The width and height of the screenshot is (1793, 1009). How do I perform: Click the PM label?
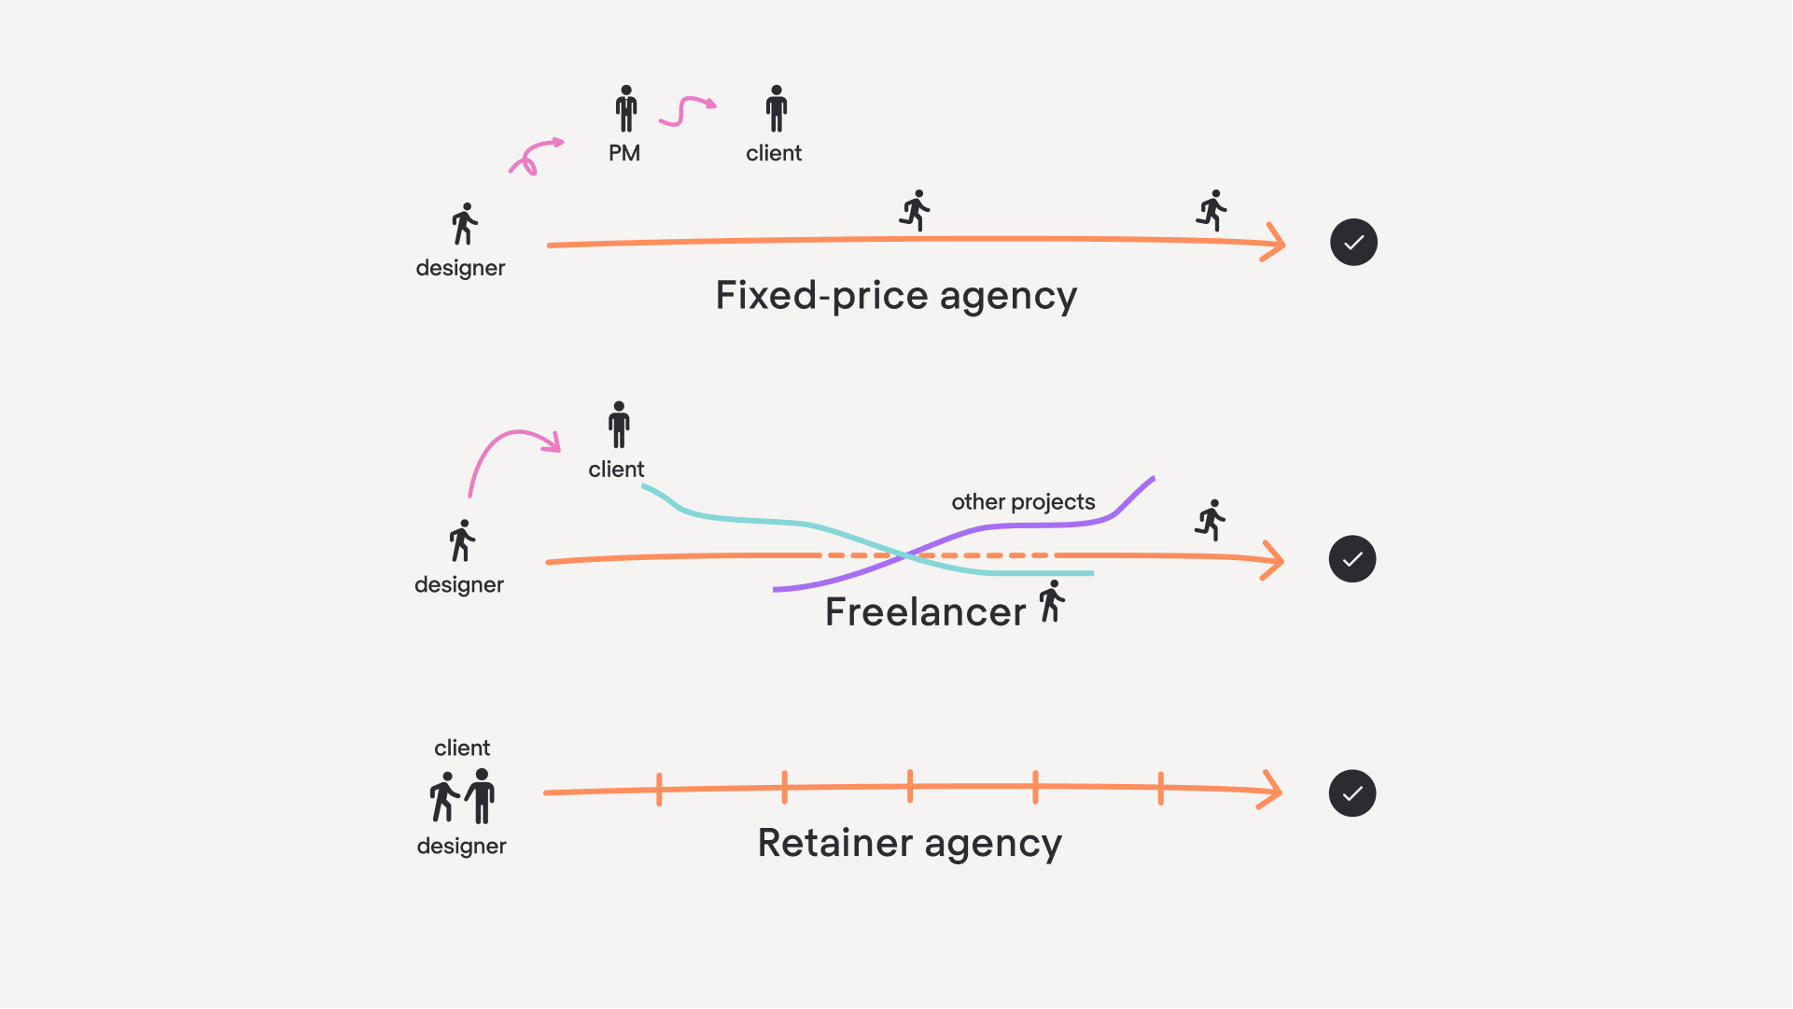[624, 153]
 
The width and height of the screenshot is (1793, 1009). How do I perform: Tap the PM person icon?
[626, 108]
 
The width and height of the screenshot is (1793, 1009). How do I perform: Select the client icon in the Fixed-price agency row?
[777, 108]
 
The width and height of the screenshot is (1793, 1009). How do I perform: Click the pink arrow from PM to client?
[686, 110]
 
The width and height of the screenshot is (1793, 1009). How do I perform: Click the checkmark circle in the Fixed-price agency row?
[1353, 243]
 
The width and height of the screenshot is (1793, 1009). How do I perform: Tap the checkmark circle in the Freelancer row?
[1352, 559]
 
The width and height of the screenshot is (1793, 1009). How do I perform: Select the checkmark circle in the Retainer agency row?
[1352, 793]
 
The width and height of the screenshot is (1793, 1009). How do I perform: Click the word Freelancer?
[925, 612]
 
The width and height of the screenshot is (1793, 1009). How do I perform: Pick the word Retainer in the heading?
[834, 843]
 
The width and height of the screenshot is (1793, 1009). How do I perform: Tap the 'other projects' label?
[1023, 502]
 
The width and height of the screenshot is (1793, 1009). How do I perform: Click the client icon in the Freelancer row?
[619, 425]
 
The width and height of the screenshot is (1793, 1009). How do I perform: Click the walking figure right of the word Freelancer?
[1052, 601]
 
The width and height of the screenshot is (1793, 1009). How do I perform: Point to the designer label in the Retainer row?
[461, 847]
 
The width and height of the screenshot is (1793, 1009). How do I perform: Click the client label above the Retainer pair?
[462, 749]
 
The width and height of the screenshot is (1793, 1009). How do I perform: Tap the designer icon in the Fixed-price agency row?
[464, 224]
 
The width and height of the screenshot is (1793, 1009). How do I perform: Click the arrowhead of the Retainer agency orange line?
[1271, 790]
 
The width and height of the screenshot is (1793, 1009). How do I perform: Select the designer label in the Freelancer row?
[459, 585]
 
